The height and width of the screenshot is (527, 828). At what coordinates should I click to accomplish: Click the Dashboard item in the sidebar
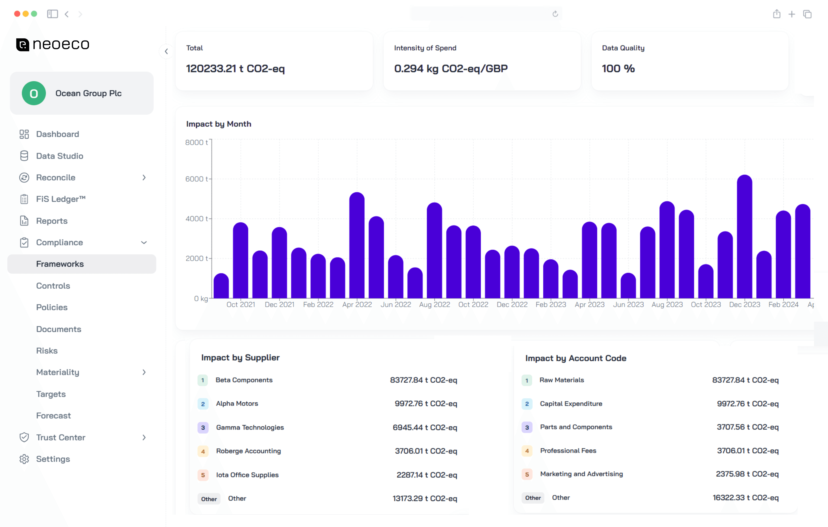57,134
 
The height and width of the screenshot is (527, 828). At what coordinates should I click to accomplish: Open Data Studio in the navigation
60,156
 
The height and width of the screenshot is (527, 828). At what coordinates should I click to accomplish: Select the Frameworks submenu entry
60,264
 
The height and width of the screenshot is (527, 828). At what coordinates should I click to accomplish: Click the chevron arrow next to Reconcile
144,177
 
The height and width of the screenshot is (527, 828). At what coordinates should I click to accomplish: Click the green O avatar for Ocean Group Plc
34,93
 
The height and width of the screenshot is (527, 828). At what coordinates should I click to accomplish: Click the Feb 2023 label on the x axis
550,304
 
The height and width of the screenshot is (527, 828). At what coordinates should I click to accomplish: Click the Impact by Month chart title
219,124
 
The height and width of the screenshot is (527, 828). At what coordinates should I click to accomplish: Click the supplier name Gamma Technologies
250,427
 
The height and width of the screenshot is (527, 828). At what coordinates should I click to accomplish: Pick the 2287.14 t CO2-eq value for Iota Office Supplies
427,475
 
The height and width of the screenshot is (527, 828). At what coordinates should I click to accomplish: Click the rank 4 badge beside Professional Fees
527,451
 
